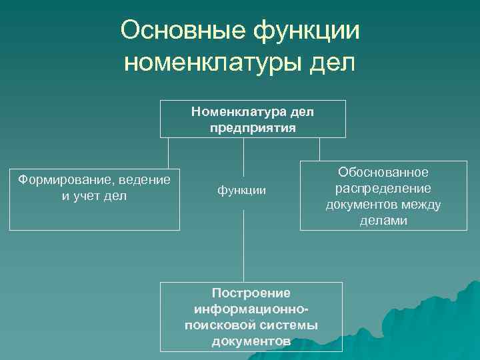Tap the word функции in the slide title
pyautogui.click(x=303, y=31)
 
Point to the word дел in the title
pyautogui.click(x=333, y=63)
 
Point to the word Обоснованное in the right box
pyautogui.click(x=383, y=173)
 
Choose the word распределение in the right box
pyautogui.click(x=383, y=189)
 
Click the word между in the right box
pyautogui.click(x=421, y=205)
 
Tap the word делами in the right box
pyautogui.click(x=383, y=221)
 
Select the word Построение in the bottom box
pyautogui.click(x=251, y=293)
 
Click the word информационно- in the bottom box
pyautogui.click(x=251, y=309)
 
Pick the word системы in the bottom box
pyautogui.click(x=289, y=325)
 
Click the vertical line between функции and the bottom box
pyautogui.click(x=243, y=240)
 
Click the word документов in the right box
pyautogui.click(x=360, y=205)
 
